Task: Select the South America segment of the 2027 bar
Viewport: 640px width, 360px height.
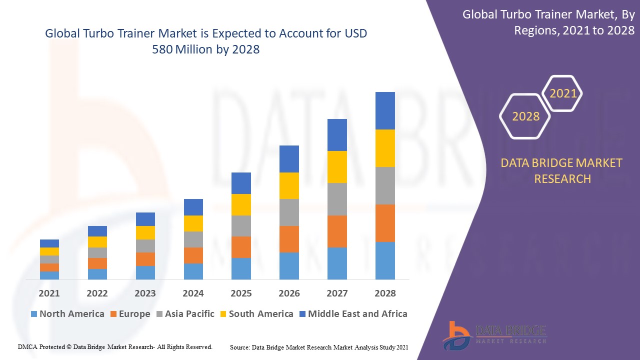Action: pos(337,167)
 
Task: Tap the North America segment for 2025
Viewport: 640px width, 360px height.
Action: pos(241,268)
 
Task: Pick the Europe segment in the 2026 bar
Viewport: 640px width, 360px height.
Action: pos(289,239)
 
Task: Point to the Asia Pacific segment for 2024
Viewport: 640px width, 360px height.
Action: pos(193,239)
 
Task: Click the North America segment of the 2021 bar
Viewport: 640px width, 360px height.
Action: pos(49,275)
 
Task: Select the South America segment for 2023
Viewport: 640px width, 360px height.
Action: pos(145,232)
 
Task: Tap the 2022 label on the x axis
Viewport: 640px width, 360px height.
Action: pos(97,293)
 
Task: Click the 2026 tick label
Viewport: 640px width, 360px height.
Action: pos(289,293)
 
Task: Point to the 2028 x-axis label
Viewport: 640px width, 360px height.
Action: pos(385,293)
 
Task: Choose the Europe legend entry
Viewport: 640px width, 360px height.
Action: pos(134,314)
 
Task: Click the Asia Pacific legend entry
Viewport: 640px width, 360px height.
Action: pos(189,314)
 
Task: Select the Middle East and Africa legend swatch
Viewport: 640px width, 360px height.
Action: pos(302,314)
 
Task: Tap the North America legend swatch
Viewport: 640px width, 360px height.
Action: pos(34,314)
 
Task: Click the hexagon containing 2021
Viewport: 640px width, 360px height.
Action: pos(563,93)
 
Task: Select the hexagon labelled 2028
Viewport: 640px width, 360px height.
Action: pos(525,116)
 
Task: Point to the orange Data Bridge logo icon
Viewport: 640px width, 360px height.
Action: pos(455,335)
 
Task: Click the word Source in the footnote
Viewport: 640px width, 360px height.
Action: pos(239,347)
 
